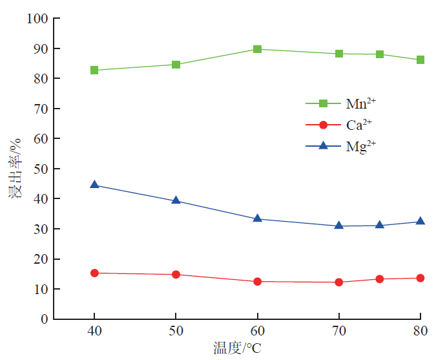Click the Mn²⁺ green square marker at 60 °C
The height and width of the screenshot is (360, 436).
(257, 49)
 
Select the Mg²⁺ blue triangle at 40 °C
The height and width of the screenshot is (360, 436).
(94, 185)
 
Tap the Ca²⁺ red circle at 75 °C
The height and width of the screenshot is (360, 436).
(380, 279)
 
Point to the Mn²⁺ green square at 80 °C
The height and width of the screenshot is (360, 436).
(420, 60)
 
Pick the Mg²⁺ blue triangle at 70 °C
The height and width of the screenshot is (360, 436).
(339, 226)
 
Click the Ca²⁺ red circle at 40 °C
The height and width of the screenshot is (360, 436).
(94, 273)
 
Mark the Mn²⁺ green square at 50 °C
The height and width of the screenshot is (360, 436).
(176, 65)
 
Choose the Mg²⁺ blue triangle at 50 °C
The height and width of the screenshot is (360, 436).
(176, 200)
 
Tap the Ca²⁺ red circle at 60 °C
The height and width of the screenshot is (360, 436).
(257, 281)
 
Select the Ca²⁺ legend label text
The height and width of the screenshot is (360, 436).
(359, 124)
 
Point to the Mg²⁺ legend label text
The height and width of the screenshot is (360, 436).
(360, 146)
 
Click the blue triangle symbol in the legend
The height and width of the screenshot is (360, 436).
(324, 146)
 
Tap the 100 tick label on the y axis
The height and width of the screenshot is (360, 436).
(37, 19)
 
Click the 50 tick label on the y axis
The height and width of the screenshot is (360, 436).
(41, 169)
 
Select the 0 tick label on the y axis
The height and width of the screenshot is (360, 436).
(45, 319)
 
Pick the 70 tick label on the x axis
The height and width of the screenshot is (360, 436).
(339, 332)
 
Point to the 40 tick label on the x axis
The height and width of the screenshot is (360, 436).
(94, 332)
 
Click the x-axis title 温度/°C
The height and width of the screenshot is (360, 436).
(238, 348)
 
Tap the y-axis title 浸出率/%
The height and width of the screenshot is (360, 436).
(15, 168)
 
